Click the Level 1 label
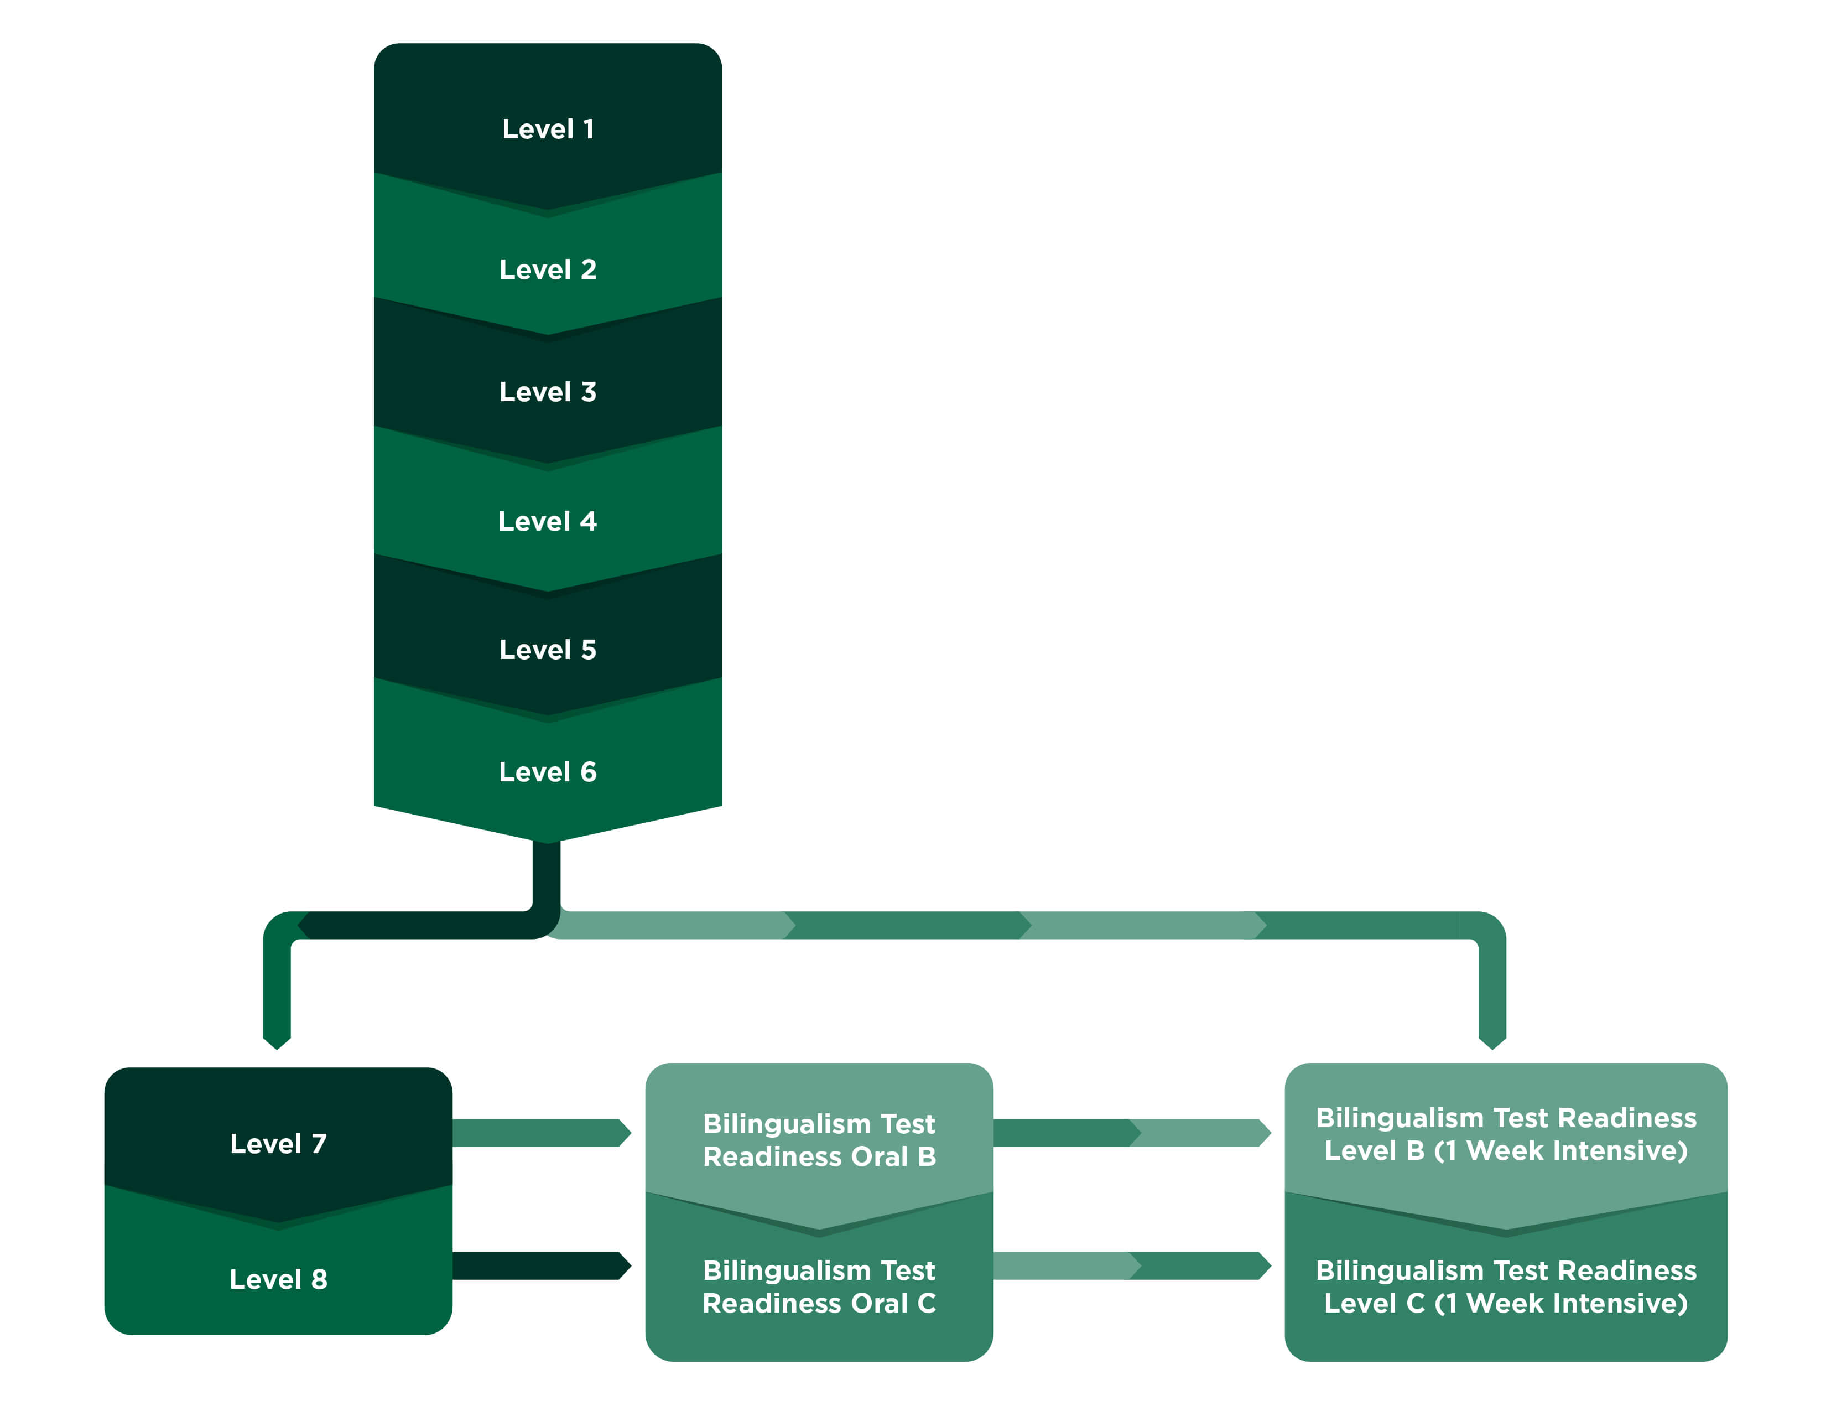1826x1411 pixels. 548,129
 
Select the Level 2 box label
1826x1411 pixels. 548,269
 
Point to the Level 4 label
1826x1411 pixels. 548,521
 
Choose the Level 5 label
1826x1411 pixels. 548,649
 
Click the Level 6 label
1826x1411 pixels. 548,771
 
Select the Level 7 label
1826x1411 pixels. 278,1143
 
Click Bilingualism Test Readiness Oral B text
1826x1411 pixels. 819,1139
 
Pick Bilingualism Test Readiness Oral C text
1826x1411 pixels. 819,1286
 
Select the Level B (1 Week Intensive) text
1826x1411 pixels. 1505,1151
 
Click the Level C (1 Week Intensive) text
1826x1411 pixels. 1505,1303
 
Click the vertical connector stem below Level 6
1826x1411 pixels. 546,874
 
